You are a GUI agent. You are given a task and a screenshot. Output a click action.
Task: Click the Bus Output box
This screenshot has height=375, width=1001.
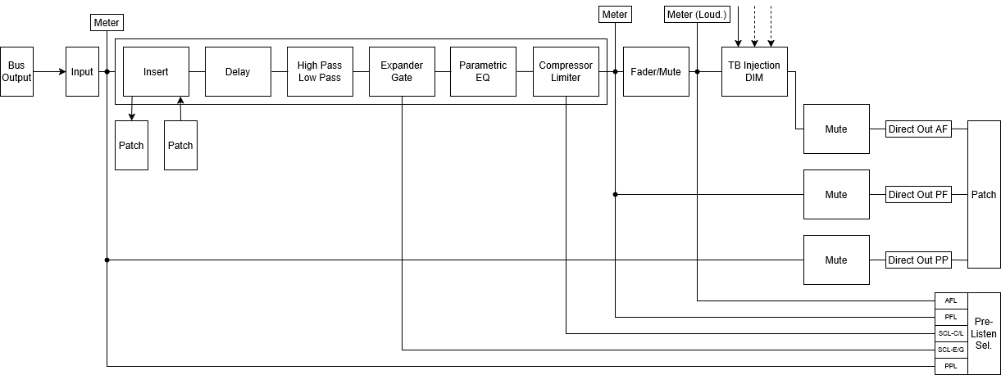pos(16,71)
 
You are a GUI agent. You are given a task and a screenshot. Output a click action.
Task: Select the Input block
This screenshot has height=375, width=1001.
pos(82,71)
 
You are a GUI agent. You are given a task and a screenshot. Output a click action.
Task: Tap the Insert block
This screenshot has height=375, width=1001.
pos(156,71)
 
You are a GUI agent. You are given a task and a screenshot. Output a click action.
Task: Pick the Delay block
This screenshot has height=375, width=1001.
pos(238,71)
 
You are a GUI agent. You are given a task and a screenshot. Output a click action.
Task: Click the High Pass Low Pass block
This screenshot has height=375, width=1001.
pos(320,71)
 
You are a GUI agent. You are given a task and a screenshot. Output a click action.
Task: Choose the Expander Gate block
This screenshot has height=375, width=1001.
pos(402,71)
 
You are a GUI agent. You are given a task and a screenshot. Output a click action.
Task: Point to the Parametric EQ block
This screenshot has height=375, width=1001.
pos(483,71)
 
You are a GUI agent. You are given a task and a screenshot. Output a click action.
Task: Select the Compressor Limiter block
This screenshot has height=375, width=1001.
pos(566,71)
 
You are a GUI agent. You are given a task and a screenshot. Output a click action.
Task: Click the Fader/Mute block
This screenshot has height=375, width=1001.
pos(656,71)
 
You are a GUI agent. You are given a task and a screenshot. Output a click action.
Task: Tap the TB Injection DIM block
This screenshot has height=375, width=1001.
pos(754,71)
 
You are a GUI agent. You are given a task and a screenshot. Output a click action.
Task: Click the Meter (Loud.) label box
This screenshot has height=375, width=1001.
pos(697,14)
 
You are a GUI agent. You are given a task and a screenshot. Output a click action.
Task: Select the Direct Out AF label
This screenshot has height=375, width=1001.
pos(918,129)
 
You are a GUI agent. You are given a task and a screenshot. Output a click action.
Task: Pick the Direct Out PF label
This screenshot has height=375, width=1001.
pos(918,195)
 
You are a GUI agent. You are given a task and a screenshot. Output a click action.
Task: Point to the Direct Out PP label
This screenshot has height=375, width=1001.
pos(918,260)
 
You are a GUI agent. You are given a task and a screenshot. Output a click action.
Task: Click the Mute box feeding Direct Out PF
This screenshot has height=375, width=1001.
pos(836,195)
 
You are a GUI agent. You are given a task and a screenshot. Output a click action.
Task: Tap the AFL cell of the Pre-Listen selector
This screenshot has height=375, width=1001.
pos(951,300)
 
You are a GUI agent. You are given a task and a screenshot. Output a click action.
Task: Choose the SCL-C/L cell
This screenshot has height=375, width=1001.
pos(951,333)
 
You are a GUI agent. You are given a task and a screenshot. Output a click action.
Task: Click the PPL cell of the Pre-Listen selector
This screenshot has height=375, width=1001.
pos(951,367)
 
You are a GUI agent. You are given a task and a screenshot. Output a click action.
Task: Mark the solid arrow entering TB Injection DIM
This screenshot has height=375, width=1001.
pos(738,26)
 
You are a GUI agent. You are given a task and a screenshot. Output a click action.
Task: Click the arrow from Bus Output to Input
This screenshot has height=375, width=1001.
pos(50,71)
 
